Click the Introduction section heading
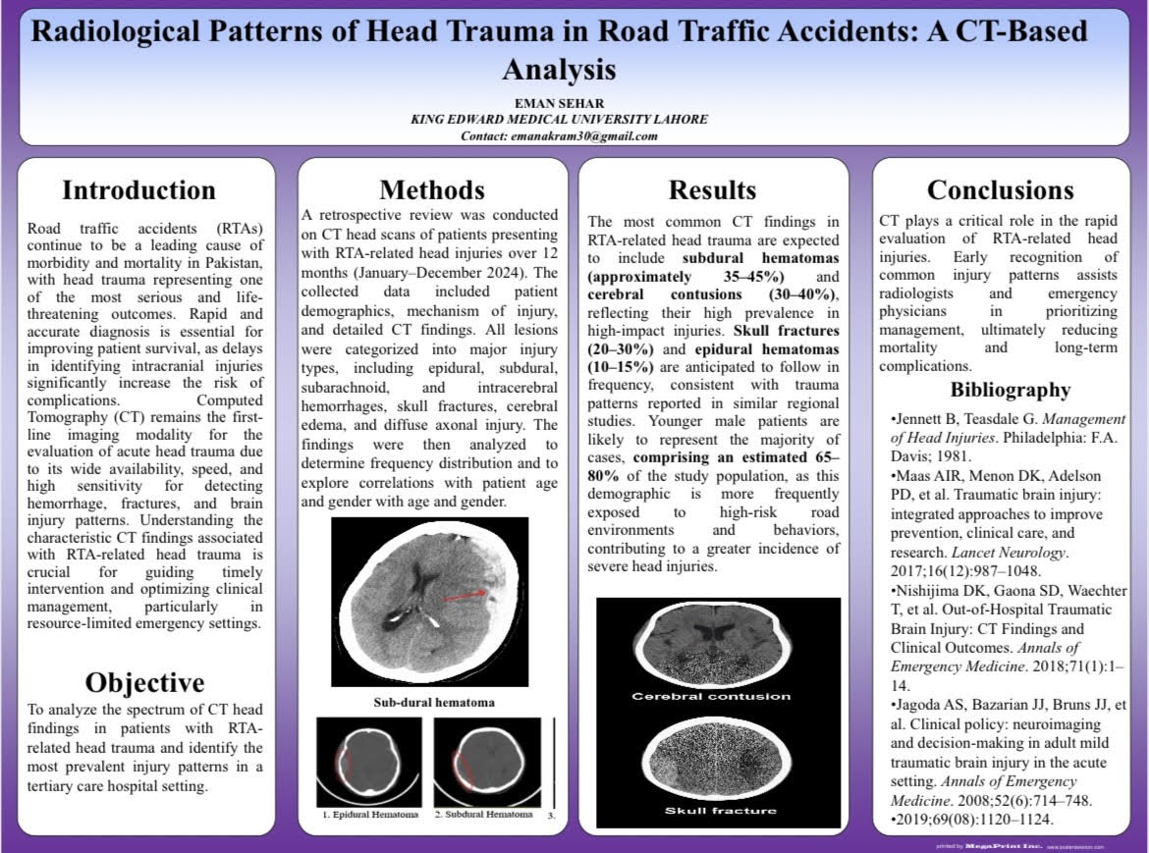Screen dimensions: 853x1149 [x=138, y=189]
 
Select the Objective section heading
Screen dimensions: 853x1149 [x=144, y=682]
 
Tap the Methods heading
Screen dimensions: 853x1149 [x=432, y=189]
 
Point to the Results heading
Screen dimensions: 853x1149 [x=712, y=189]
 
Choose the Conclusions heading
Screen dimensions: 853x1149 [x=1000, y=189]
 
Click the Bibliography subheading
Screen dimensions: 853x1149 [x=1010, y=390]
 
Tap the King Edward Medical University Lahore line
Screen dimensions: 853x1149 [x=559, y=120]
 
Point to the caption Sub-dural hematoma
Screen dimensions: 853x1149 [x=433, y=703]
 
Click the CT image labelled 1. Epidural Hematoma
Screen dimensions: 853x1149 [x=368, y=761]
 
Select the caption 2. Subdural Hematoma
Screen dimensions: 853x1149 [x=483, y=815]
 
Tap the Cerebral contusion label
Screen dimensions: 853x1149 [x=710, y=696]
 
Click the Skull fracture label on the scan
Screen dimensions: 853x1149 [x=720, y=811]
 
